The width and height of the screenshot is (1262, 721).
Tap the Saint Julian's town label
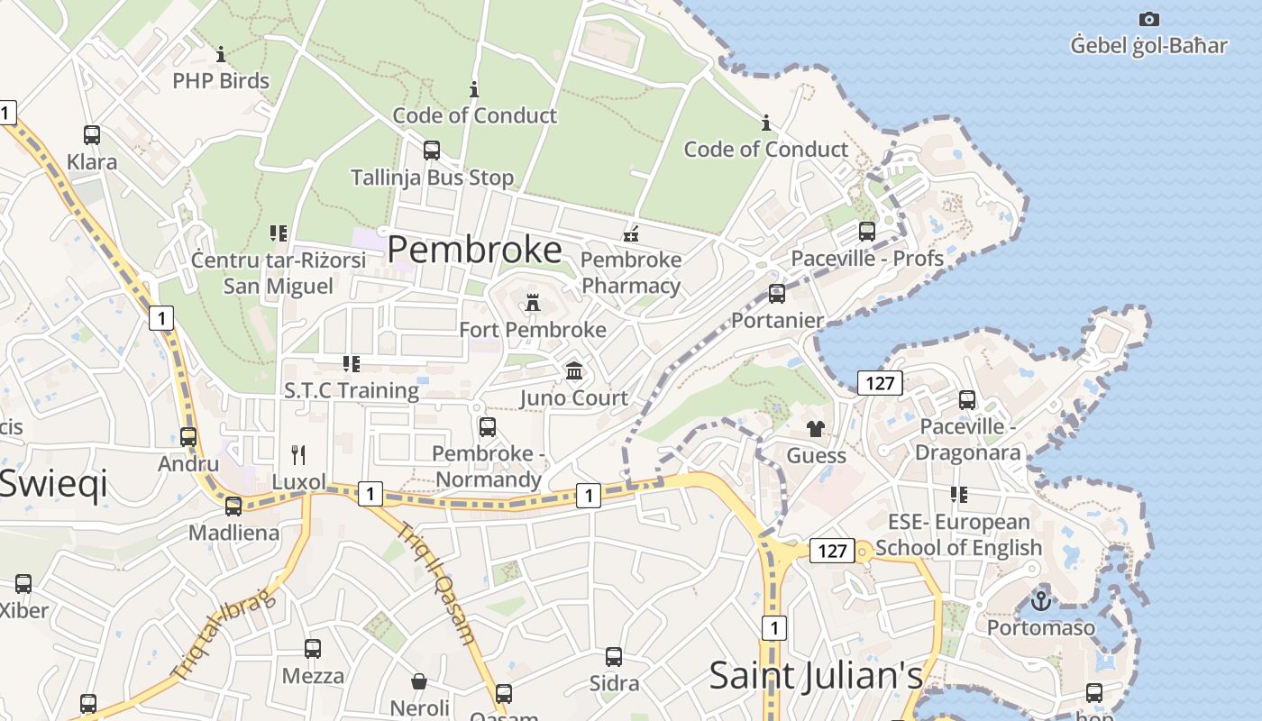pyautogui.click(x=816, y=675)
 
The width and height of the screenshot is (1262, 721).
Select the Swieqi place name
pyautogui.click(x=54, y=484)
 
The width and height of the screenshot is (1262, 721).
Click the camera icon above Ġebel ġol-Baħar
pyautogui.click(x=1148, y=19)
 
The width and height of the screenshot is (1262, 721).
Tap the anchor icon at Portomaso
pyautogui.click(x=1041, y=599)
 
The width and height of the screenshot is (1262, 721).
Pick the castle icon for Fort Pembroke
pyautogui.click(x=533, y=303)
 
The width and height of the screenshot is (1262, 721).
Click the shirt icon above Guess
pyautogui.click(x=816, y=429)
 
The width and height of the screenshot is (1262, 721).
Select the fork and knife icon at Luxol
pyautogui.click(x=298, y=454)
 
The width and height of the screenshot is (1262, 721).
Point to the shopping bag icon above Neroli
pyautogui.click(x=419, y=680)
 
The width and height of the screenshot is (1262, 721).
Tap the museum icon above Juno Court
pyautogui.click(x=573, y=370)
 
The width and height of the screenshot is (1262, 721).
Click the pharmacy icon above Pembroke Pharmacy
pyautogui.click(x=631, y=233)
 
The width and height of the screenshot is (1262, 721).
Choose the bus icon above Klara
pyautogui.click(x=92, y=135)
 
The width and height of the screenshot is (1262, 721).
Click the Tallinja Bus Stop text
pyautogui.click(x=432, y=178)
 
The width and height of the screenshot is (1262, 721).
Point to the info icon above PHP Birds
pyautogui.click(x=221, y=54)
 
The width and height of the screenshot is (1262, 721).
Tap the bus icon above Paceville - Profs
pyautogui.click(x=867, y=232)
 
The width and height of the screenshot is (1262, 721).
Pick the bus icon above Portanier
pyautogui.click(x=776, y=294)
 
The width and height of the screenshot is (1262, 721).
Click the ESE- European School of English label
pyautogui.click(x=958, y=534)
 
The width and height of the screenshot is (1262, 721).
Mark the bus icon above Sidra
pyautogui.click(x=614, y=656)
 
